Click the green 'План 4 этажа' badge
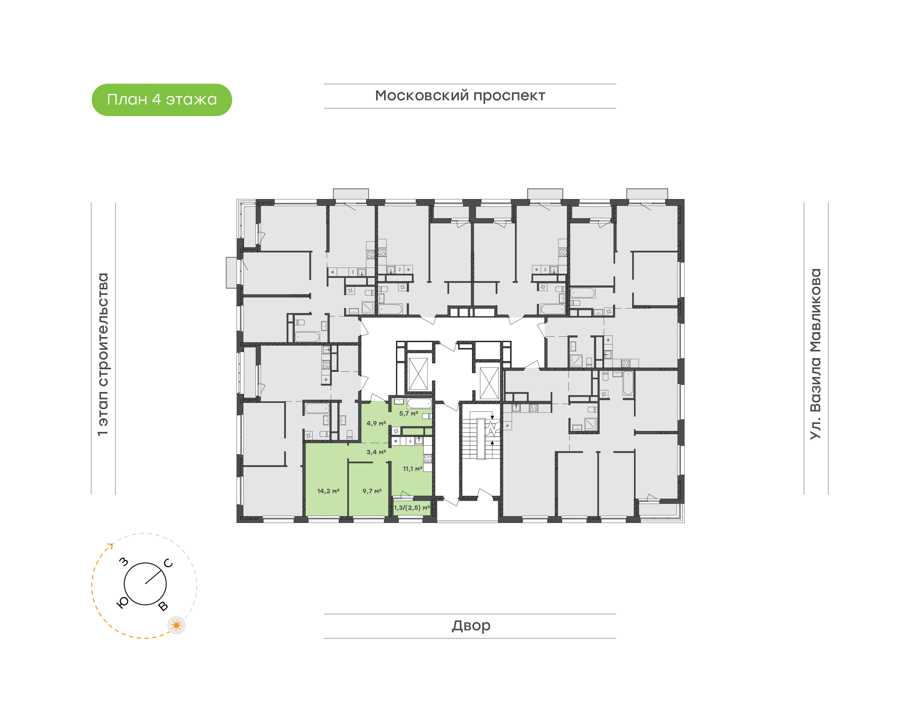(x=161, y=100)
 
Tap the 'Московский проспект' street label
(x=460, y=96)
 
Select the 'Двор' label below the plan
(x=471, y=626)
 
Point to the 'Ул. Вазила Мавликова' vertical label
(x=815, y=354)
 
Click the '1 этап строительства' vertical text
(x=103, y=354)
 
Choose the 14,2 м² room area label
(x=328, y=491)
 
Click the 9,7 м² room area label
(x=372, y=491)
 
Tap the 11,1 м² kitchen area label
(x=413, y=468)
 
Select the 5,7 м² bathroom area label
(x=409, y=413)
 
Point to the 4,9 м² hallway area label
(x=376, y=423)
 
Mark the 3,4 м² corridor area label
(x=376, y=452)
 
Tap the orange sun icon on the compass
(x=177, y=625)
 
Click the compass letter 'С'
(x=168, y=563)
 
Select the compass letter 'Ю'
(x=122, y=603)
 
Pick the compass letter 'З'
(x=123, y=561)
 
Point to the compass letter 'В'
(x=163, y=606)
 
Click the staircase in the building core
(x=481, y=438)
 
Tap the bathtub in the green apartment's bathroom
(x=419, y=403)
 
